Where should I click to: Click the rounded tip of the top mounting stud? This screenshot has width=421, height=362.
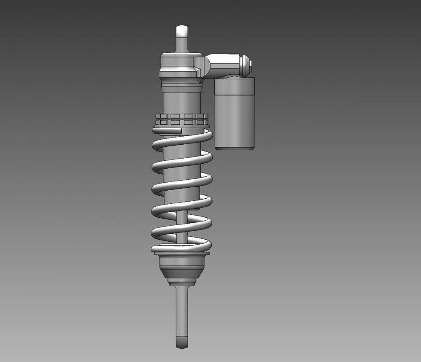182,31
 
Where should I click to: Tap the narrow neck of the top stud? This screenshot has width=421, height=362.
182,44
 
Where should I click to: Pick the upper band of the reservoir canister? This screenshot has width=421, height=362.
235,86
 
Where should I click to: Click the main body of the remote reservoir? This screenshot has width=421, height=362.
235,118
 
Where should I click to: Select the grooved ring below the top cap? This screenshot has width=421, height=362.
181,88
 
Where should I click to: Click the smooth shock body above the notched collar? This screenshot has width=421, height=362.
181,103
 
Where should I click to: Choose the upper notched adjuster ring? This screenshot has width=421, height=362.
182,116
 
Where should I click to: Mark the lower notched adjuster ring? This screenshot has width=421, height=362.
182,122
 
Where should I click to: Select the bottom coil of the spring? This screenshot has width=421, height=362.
181,249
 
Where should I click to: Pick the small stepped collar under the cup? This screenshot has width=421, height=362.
181,282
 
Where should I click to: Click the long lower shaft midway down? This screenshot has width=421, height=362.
181,312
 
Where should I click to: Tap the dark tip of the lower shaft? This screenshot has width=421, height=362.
181,342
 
